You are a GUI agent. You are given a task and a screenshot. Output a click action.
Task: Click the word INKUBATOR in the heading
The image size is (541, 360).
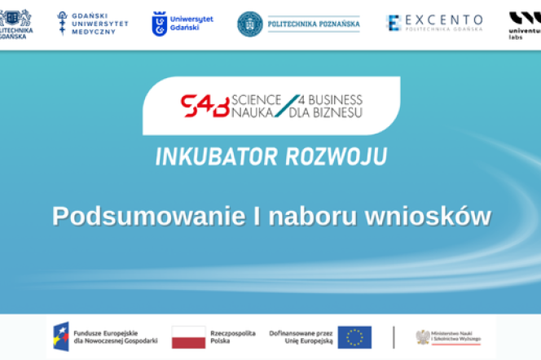tap(217, 156)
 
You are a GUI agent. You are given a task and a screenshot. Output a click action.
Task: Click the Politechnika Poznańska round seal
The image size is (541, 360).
tap(250, 24)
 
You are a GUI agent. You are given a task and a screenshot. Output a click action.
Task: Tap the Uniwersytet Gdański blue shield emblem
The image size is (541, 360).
tap(161, 24)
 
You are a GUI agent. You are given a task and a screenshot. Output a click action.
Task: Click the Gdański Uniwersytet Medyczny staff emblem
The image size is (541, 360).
tap(64, 24)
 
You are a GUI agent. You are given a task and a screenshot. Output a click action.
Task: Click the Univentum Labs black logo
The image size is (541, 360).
tap(525, 21)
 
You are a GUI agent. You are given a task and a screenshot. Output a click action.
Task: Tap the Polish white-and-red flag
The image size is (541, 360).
tap(188, 336)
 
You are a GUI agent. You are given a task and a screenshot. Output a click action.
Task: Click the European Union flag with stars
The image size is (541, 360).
tap(354, 336)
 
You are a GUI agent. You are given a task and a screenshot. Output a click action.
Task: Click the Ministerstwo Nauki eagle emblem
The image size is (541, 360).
tap(423, 336)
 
